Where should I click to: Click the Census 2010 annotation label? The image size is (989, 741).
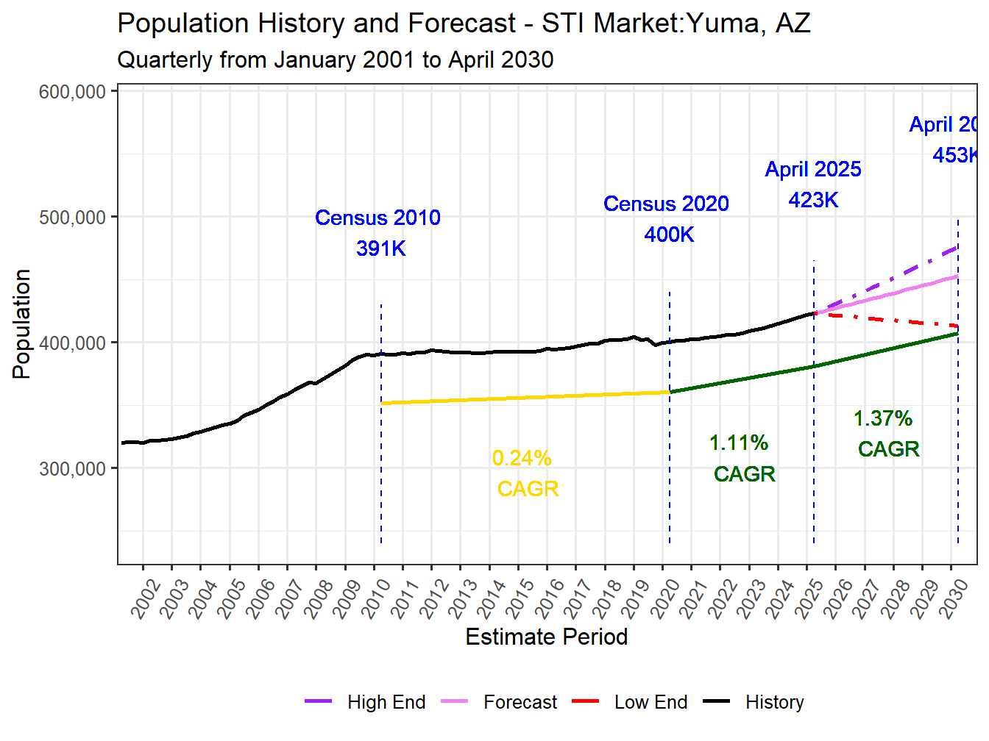pos(377,218)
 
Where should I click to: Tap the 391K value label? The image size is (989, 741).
pos(381,248)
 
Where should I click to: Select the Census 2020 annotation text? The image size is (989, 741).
pos(666,204)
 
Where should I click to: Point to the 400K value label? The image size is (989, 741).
pos(669,235)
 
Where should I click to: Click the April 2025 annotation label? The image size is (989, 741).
pos(813,169)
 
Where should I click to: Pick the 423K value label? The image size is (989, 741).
pos(813,200)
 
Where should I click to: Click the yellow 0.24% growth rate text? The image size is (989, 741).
pos(522,459)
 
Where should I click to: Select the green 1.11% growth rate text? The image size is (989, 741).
pos(739,443)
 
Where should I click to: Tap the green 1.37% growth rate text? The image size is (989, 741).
pos(883,419)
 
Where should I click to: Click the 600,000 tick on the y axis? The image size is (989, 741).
pos(73,92)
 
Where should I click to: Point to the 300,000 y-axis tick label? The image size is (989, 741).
pos(73,469)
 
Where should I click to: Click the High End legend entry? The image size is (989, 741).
pos(386,703)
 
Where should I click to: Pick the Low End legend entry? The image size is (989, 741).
pos(651,703)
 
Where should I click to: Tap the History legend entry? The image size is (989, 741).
pos(774,703)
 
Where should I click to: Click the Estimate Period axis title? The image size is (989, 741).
pos(547,637)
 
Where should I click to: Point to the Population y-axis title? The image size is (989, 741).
pos(21,324)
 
